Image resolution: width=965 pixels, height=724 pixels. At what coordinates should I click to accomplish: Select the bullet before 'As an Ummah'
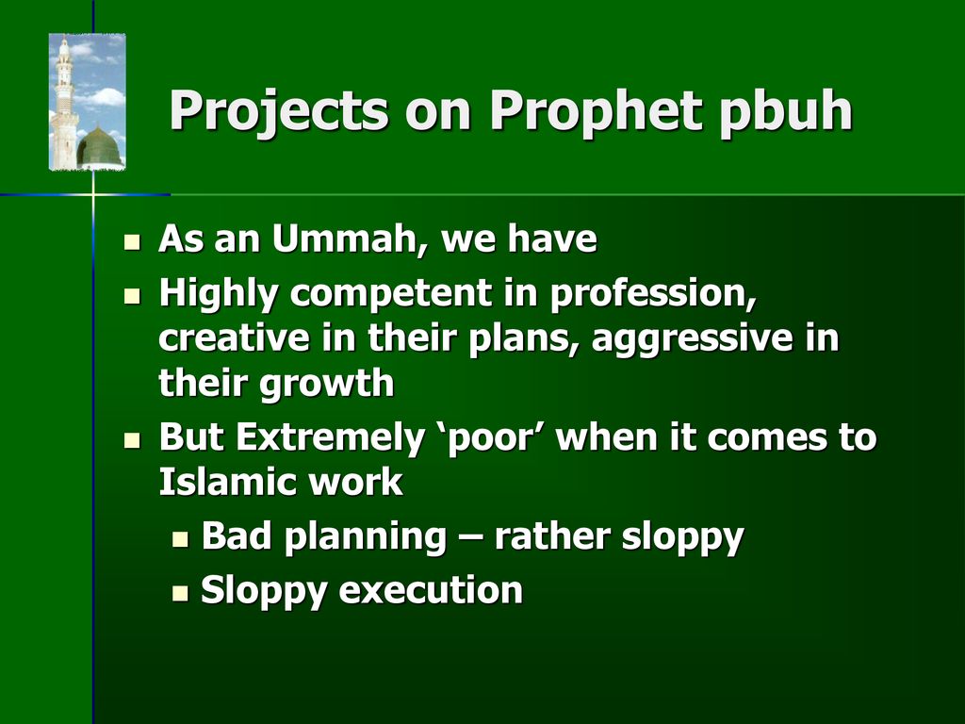pyautogui.click(x=132, y=241)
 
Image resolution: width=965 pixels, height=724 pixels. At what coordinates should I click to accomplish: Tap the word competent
pyautogui.click(x=391, y=294)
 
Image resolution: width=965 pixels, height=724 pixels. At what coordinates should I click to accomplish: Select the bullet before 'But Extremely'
pyautogui.click(x=132, y=440)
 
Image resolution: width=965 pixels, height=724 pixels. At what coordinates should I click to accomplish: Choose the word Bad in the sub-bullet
pyautogui.click(x=237, y=535)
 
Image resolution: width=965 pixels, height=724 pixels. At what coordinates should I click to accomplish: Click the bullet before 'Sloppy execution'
pyautogui.click(x=180, y=594)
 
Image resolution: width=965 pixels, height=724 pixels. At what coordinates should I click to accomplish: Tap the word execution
pyautogui.click(x=431, y=590)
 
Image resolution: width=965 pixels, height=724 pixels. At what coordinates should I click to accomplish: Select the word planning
pyautogui.click(x=366, y=536)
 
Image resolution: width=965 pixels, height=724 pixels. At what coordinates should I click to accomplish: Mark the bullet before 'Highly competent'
pyautogui.click(x=132, y=296)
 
